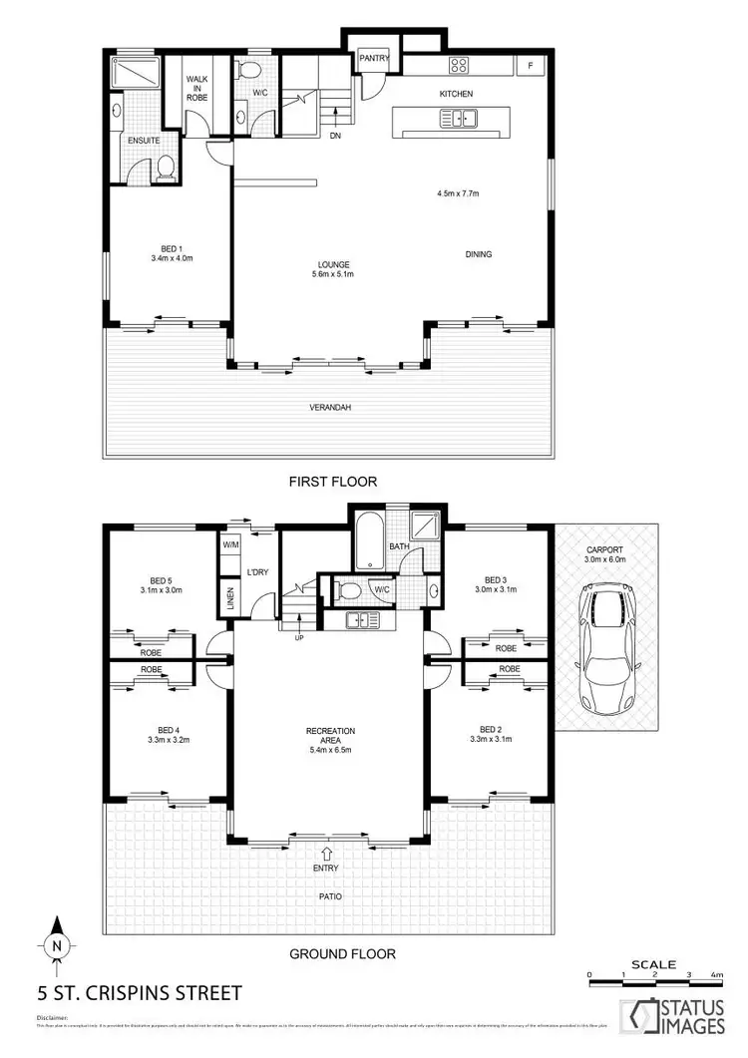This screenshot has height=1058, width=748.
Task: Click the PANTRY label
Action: (x=375, y=58)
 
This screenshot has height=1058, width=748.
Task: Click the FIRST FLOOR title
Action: (x=333, y=482)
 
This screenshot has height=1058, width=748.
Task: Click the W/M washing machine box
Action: (x=230, y=545)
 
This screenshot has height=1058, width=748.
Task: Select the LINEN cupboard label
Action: (x=230, y=598)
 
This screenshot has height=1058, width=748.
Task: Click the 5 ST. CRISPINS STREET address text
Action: (x=139, y=993)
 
